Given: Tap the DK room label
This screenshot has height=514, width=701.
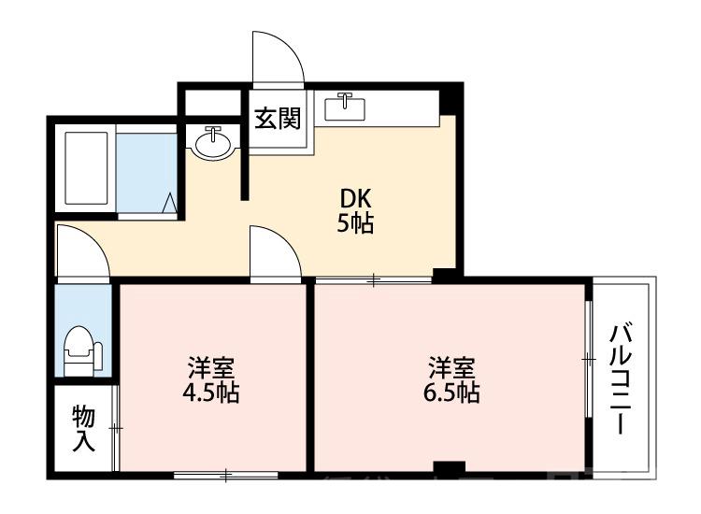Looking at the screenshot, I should (355, 198).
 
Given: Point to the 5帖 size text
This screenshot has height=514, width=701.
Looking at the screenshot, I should (355, 224).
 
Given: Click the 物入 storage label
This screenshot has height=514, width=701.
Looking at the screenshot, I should (83, 428).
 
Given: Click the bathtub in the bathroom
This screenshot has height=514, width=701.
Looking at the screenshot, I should (87, 168).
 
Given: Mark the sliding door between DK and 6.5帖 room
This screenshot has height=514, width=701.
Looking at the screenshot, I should (374, 278).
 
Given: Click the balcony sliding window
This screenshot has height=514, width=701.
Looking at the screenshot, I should (589, 359).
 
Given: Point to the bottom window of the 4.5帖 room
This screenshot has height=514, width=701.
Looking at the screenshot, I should (225, 477).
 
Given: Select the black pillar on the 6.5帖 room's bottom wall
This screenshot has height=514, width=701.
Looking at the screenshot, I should (450, 467).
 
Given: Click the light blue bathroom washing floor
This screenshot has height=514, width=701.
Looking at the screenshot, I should (146, 173).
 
